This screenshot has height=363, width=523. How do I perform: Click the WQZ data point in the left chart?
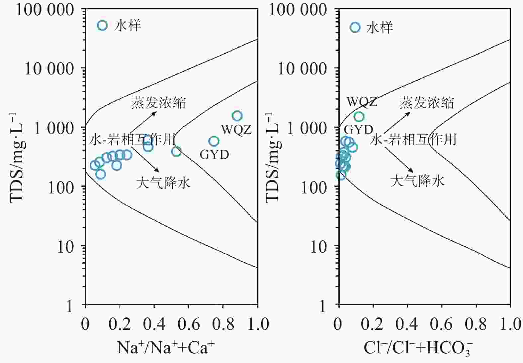[x=237, y=116]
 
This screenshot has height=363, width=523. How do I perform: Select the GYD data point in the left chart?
[x=214, y=141]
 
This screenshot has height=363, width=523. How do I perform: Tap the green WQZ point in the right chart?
[x=359, y=116]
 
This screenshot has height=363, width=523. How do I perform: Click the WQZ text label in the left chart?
[x=236, y=129]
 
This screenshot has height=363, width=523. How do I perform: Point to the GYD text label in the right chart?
[x=358, y=129]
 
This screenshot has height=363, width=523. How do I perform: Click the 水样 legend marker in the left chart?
[x=102, y=25]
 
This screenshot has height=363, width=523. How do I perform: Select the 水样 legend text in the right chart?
[x=380, y=27]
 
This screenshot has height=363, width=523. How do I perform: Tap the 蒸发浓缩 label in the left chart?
[x=158, y=103]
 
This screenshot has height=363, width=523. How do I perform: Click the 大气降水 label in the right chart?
[x=417, y=181]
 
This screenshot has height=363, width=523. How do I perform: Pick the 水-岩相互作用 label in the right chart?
[x=413, y=139]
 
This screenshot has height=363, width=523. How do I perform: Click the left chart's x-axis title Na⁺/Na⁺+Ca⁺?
[x=166, y=347]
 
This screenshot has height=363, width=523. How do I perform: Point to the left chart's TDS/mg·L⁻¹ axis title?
[x=18, y=158]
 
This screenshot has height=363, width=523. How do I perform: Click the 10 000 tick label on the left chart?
[x=49, y=69]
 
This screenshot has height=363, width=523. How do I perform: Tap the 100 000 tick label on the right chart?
[x=298, y=10]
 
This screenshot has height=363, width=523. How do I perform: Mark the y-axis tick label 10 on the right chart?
[x=318, y=247]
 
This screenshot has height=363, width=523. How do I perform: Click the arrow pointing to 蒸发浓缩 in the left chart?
[x=143, y=122]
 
